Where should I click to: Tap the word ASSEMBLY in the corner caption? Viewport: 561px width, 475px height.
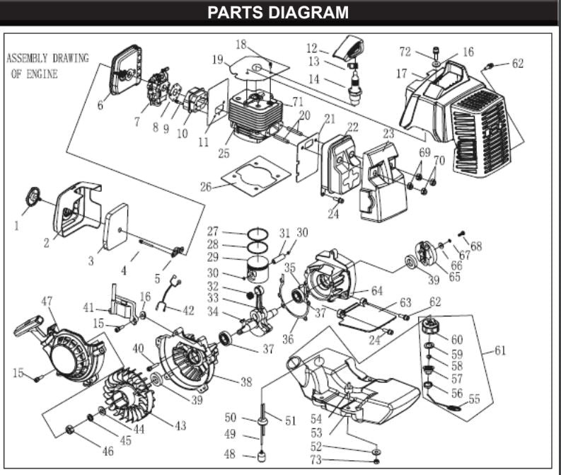32,58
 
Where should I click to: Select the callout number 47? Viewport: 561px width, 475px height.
47,302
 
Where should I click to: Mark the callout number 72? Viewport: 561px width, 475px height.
405,52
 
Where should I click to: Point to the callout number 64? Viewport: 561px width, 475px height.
376,291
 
